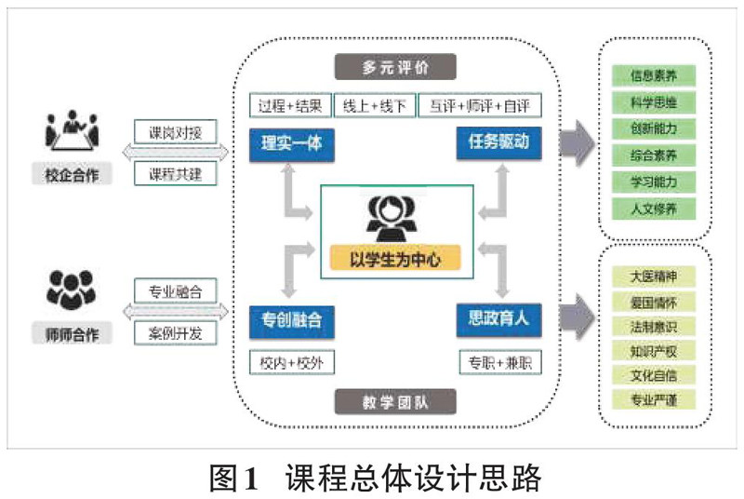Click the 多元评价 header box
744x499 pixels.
[395, 67]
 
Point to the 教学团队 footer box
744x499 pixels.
[395, 402]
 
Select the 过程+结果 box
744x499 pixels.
[289, 104]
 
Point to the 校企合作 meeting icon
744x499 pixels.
[72, 132]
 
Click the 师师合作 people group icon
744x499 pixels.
[72, 290]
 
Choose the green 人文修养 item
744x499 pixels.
[653, 208]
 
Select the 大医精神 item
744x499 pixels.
[653, 276]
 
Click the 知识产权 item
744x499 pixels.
[653, 352]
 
